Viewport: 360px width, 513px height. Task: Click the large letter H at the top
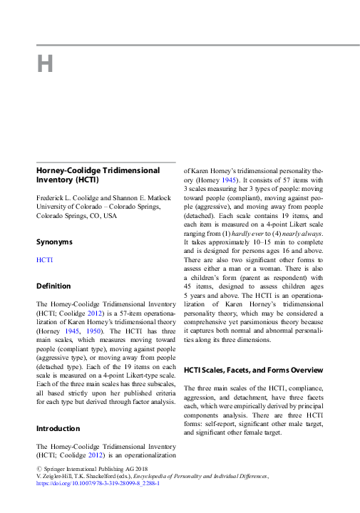pyautogui.click(x=45, y=65)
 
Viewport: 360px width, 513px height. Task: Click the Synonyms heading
pyautogui.click(x=55, y=242)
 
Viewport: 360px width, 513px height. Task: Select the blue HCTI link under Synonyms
pyautogui.click(x=44, y=260)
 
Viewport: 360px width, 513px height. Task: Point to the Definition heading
pyautogui.click(x=53, y=286)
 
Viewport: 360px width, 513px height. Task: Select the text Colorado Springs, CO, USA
pyautogui.click(x=76, y=214)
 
